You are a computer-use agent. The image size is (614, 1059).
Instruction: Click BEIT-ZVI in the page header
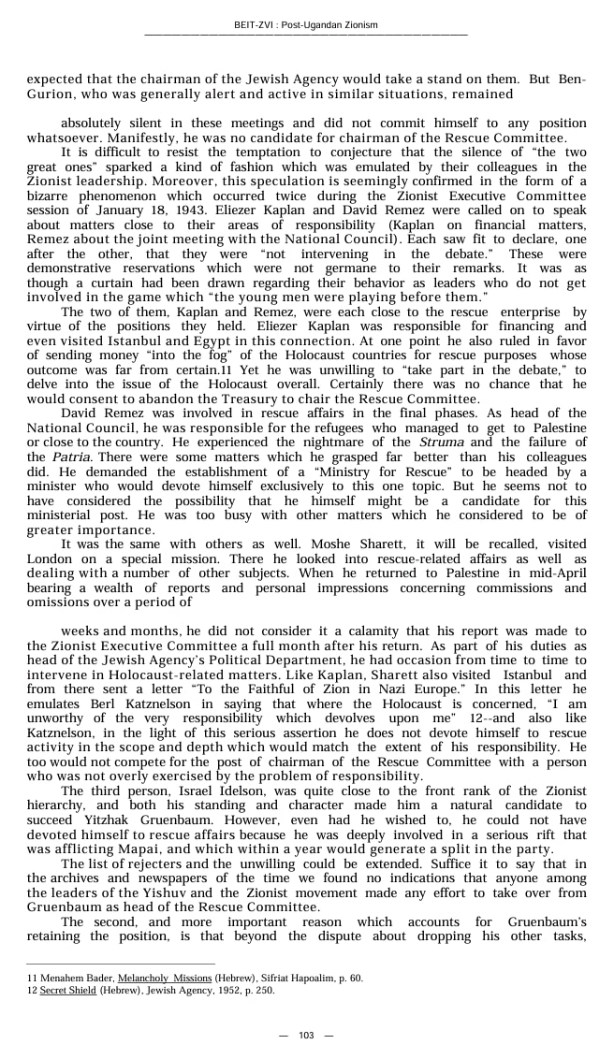[x=255, y=25]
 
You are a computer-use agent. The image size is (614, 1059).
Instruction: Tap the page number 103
[x=306, y=1035]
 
